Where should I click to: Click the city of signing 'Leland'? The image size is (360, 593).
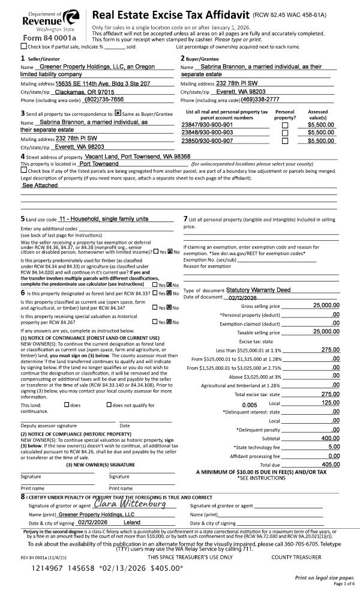pyautogui.click(x=131, y=522)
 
